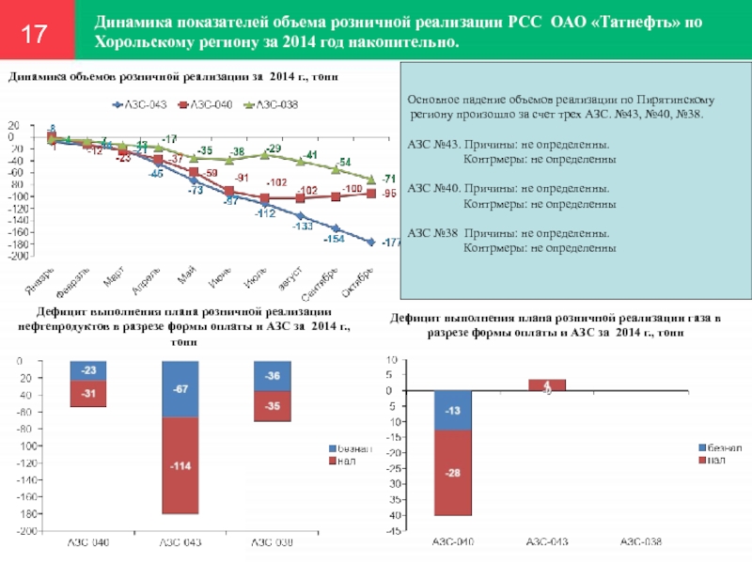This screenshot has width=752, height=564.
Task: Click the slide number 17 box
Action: (35, 36)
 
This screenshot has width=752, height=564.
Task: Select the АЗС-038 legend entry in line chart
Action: (272, 104)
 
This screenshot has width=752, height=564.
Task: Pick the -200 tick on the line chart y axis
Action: (19, 256)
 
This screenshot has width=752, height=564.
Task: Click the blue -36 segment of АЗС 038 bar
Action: (274, 375)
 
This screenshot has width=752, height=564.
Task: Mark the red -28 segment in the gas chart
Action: (452, 472)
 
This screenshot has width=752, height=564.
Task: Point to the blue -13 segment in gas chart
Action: (452, 410)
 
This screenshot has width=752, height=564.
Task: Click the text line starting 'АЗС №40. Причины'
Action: (508, 188)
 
